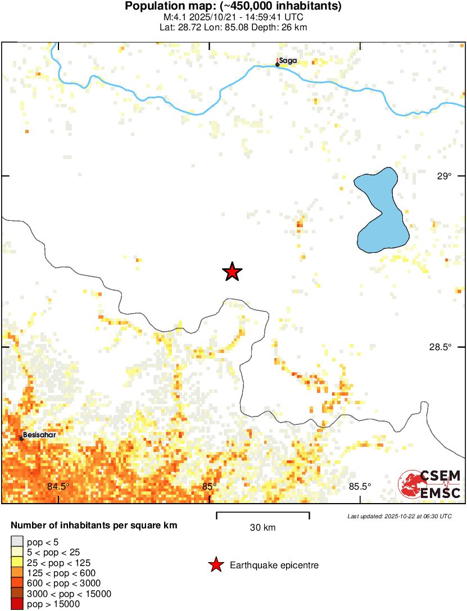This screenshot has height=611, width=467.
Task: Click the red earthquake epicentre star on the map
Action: coord(232,272)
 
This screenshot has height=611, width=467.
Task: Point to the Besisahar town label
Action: coord(40,435)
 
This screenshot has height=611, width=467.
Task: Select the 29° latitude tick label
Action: coord(445,176)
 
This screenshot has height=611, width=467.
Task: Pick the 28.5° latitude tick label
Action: coord(441,347)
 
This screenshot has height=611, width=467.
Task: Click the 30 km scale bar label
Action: coord(262,527)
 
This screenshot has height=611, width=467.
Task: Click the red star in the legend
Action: coord(215,565)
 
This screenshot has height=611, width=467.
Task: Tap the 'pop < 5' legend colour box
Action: coord(17,542)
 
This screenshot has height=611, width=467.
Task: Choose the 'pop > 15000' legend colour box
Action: coord(17,604)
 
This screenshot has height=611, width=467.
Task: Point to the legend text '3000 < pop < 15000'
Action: coord(65,594)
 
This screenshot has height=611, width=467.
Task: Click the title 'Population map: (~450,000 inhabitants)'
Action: coord(233,7)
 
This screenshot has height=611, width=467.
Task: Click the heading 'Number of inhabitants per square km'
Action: coord(94,526)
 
